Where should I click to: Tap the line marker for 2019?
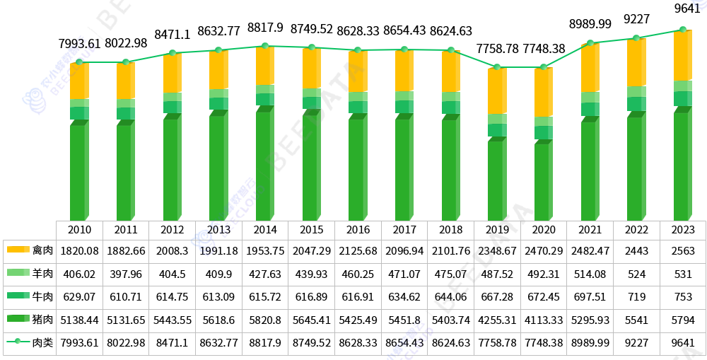[x=498, y=67]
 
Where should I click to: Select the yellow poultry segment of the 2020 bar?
[x=543, y=93]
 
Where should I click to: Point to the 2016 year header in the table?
[x=357, y=230]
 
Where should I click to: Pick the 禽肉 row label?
[x=42, y=250]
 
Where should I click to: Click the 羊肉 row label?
[x=42, y=274]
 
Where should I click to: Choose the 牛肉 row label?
[x=42, y=297]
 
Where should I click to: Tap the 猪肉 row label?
[x=42, y=320]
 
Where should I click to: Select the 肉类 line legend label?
[x=42, y=343]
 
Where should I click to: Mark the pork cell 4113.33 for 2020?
[x=544, y=320]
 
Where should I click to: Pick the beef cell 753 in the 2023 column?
[x=683, y=297]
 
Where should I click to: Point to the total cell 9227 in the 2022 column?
[x=636, y=343]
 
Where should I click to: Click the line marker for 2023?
[x=683, y=30]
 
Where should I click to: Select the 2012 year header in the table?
[x=172, y=230]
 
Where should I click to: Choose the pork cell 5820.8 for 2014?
[x=264, y=320]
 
